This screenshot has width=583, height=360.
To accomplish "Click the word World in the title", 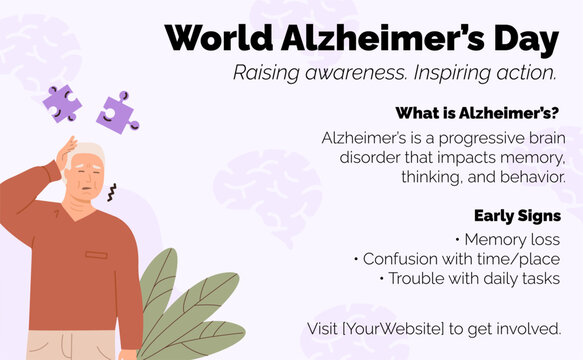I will [215, 38].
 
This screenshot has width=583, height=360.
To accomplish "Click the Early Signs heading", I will [517, 215].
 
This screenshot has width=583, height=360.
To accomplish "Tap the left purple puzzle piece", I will [62, 103].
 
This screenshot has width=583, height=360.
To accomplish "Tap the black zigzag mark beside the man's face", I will [111, 191].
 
